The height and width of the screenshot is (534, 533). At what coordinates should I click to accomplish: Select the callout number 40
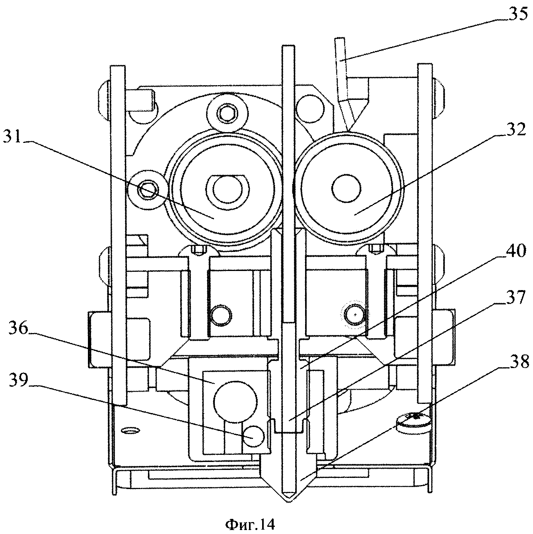[x=514, y=251]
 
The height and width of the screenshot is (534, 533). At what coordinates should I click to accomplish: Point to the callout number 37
[x=514, y=298]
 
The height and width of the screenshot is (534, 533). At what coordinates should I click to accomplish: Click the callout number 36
[x=18, y=328]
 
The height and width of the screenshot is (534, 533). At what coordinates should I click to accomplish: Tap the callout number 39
[x=18, y=380]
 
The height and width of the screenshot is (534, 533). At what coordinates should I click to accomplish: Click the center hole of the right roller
[x=346, y=189]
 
